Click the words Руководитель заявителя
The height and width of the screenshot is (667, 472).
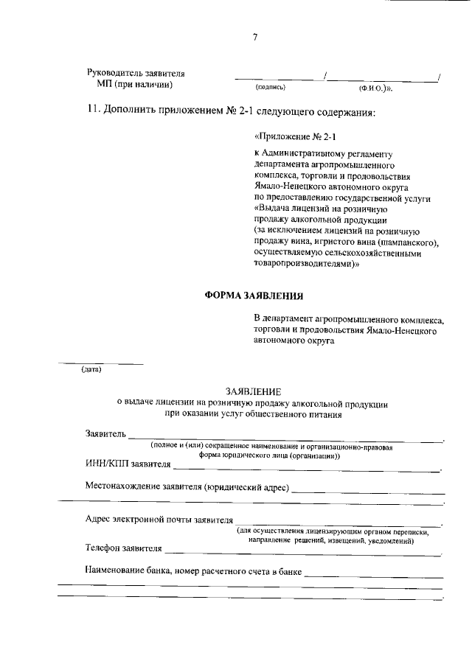tap(136, 74)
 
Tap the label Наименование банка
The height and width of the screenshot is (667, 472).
tap(128, 570)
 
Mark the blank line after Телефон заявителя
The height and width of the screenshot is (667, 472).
tap(302, 551)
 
